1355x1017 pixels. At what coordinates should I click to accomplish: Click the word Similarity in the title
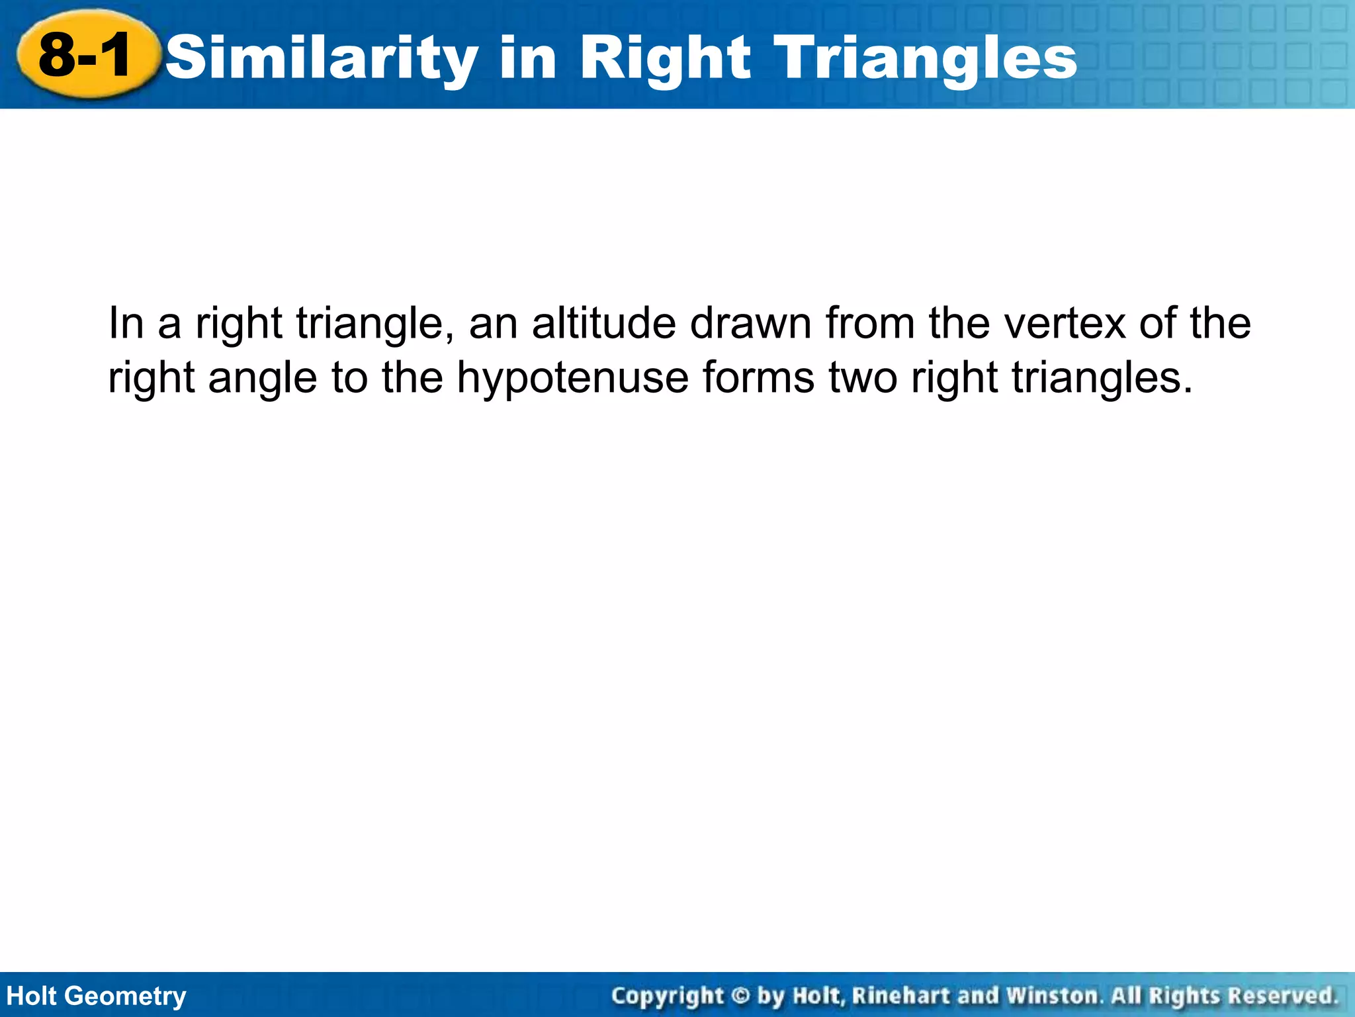(322, 58)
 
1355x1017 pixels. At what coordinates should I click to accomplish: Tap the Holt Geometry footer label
(97, 996)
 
